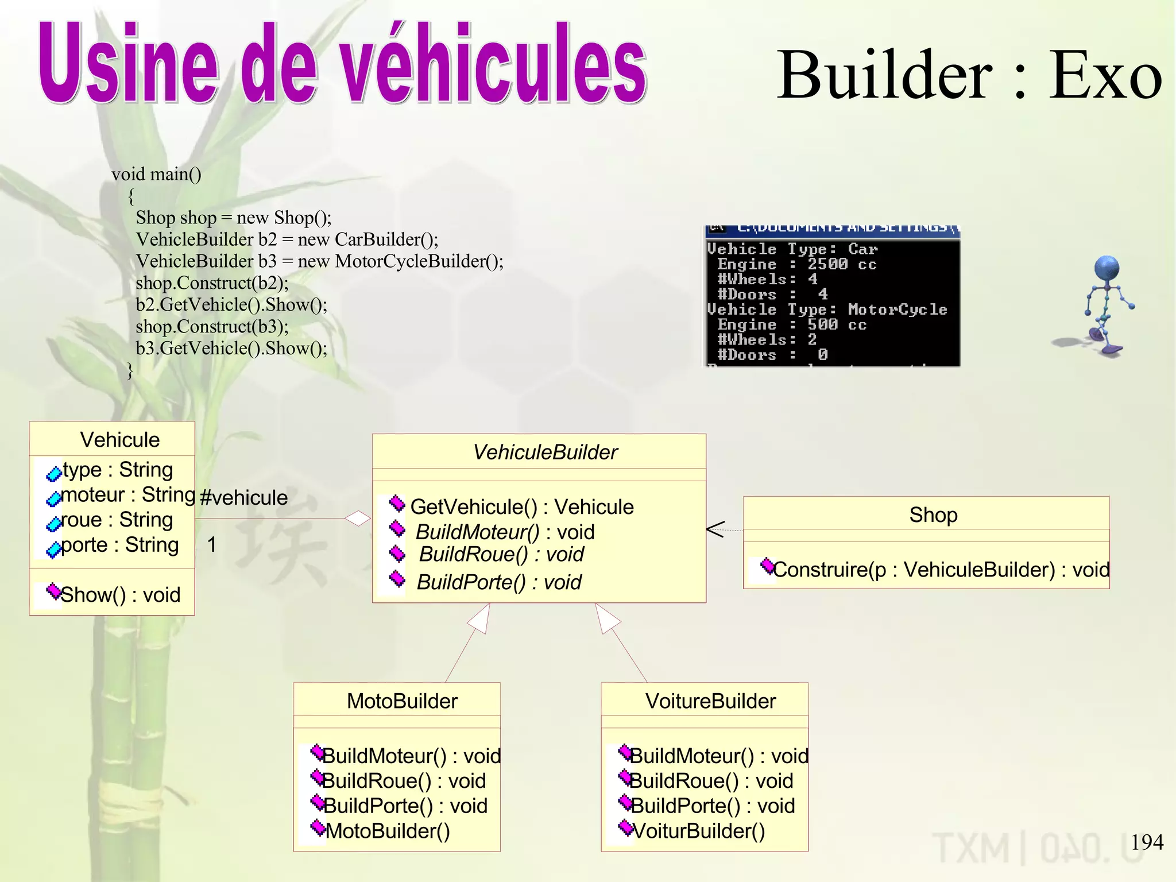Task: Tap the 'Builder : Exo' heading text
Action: point(969,75)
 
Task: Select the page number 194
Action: point(1147,842)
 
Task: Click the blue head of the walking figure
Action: point(1107,268)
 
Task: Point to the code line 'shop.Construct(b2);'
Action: point(212,283)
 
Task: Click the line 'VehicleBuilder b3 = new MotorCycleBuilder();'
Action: point(319,261)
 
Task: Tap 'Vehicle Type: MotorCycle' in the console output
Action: point(827,310)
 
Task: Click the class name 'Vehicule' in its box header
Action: point(119,440)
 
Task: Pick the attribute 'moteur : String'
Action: point(128,494)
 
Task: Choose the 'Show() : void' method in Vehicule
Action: point(120,595)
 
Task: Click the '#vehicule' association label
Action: point(243,497)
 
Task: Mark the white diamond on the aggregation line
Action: point(357,519)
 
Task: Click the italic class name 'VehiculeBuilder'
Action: point(545,452)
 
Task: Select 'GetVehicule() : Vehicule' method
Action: point(521,507)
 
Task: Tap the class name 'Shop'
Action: point(933,515)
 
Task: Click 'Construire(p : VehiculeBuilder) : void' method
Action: point(941,570)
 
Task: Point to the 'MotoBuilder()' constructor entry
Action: point(388,831)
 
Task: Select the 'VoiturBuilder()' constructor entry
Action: point(698,831)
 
